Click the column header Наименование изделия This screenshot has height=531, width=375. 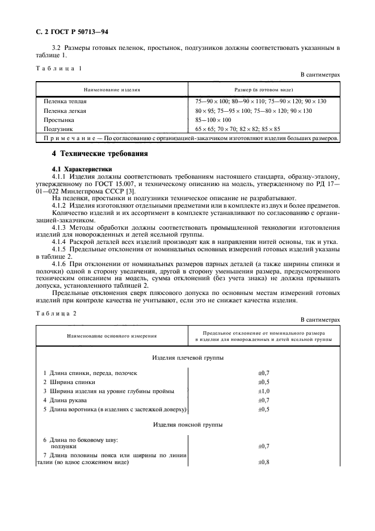click(112, 90)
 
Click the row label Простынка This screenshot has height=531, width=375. click(59, 120)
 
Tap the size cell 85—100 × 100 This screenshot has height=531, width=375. click(213, 120)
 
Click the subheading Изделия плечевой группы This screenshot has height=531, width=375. click(188, 359)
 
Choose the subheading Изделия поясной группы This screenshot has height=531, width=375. click(188, 425)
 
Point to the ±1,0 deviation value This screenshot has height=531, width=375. click(263, 391)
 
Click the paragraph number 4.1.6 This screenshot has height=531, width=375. click(61, 264)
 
